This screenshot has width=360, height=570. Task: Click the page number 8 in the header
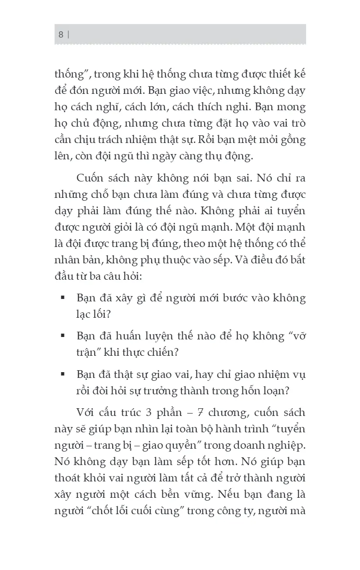pos(61,34)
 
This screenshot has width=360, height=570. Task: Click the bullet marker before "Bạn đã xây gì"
pos(63,298)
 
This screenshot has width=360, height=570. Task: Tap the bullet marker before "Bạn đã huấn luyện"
pos(63,336)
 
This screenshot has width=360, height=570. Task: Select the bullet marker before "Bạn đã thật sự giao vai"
pos(63,374)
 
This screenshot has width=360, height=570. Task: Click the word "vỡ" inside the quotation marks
pos(297,336)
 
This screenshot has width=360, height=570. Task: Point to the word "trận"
pos(88,351)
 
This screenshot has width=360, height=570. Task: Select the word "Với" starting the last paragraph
pos(86,413)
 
